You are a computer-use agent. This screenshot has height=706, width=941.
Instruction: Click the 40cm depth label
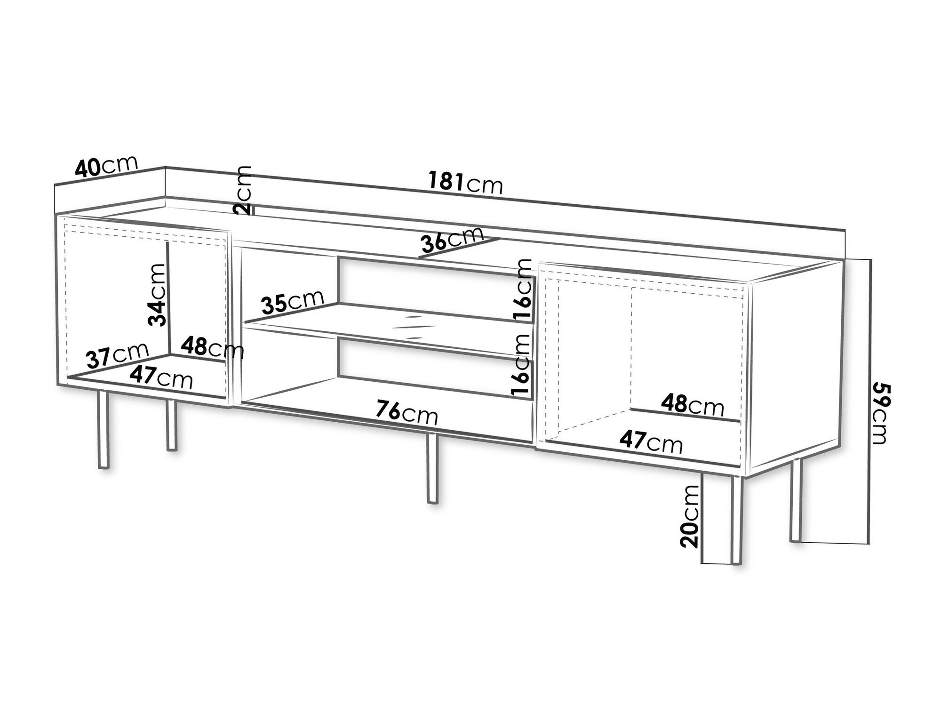coord(106,167)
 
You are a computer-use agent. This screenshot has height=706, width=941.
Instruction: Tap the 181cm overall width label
coord(466,183)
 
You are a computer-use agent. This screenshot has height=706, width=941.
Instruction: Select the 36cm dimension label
coord(452,240)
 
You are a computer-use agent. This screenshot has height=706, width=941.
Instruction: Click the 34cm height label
coord(157,295)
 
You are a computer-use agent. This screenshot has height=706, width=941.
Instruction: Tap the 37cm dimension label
coord(118,355)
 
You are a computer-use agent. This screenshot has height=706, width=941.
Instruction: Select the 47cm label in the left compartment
coord(161,377)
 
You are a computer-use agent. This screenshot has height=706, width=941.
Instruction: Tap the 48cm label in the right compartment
coord(692,404)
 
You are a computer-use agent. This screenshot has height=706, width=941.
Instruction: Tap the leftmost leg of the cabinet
coord(103,429)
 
